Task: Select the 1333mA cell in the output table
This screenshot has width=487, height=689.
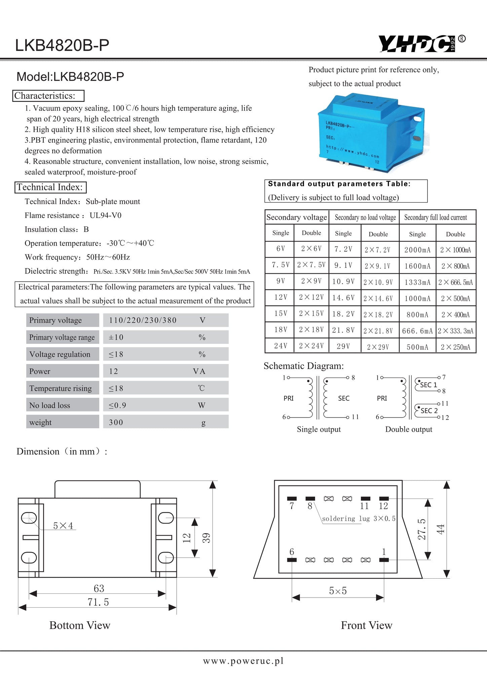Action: pos(417,282)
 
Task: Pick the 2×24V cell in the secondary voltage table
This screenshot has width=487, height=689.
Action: pos(311,346)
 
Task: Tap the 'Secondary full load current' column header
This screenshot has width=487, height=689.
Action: pos(436,217)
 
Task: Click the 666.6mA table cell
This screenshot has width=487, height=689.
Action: pos(417,331)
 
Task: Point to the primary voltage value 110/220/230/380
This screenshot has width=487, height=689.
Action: pos(143,320)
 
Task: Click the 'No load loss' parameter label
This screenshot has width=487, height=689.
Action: pos(50,405)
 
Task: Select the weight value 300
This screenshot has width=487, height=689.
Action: pos(116,422)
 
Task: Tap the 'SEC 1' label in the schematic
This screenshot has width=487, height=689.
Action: pos(428,385)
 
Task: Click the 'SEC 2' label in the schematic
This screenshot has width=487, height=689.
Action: pos(429,411)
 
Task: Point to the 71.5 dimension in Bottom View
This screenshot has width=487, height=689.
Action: pos(99,602)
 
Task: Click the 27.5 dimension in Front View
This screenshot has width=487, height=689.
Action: pos(422,529)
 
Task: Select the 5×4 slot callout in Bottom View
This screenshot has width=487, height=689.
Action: pos(63,526)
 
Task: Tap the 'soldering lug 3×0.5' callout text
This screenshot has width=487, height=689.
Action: pos(359,519)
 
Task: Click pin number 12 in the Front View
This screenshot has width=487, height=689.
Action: pos(383,506)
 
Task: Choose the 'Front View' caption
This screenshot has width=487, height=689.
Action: pos(367,625)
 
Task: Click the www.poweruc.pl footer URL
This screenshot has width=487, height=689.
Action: pos(243,661)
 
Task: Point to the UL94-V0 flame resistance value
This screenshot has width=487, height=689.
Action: pos(106,215)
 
